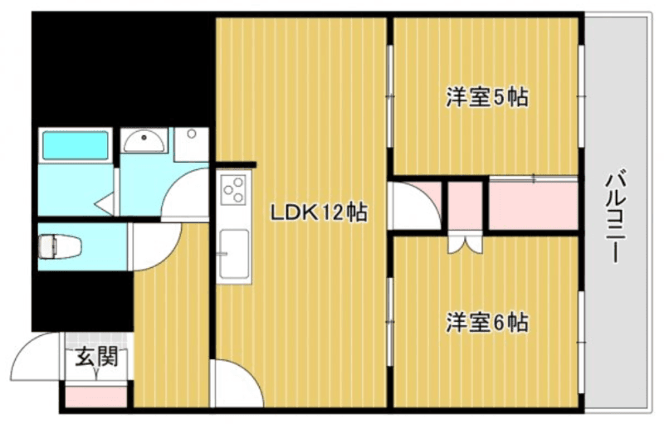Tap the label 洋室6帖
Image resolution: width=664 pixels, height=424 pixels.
(487, 322)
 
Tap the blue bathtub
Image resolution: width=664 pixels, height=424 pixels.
(76, 145)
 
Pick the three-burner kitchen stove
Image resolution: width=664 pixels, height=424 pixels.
(233, 191)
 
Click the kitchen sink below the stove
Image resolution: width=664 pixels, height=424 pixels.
(233, 252)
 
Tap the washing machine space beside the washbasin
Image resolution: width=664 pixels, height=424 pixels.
(192, 144)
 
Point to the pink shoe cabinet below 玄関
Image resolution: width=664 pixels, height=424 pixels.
(96, 396)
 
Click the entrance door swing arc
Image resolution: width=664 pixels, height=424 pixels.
(37, 357)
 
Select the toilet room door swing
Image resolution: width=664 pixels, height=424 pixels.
(154, 247)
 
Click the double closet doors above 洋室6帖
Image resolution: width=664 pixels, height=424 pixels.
(463, 245)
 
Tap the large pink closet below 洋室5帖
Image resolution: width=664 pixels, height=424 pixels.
(532, 204)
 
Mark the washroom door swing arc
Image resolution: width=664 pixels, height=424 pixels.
(184, 195)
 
